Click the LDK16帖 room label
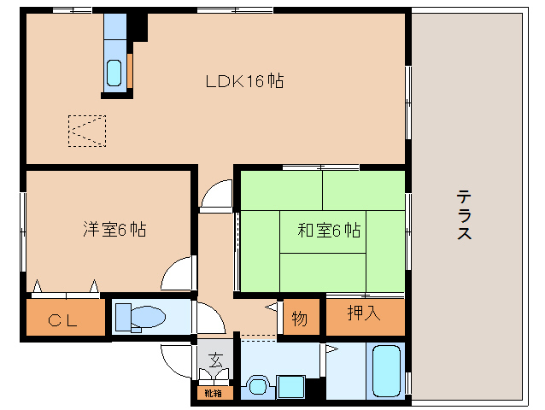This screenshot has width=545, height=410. coord(244,82)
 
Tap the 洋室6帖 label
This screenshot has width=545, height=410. coord(114,229)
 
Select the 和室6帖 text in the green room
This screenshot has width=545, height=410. coord(328,230)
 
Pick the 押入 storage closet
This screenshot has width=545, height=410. coord(365,314)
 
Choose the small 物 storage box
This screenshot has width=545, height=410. coord(300,319)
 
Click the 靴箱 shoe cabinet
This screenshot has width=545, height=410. coord(212,394)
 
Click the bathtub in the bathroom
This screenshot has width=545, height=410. coord(387,371)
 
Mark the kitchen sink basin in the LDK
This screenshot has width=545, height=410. coord(114,73)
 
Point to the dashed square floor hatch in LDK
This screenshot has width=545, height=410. coord(86,131)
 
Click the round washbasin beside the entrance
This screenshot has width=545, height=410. coord(256,385)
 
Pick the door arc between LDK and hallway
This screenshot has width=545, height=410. coord(217,194)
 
